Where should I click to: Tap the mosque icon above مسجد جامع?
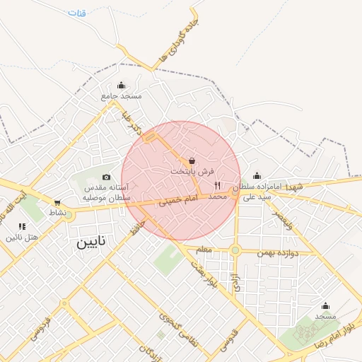[121, 85]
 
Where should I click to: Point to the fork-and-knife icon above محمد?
[217, 185]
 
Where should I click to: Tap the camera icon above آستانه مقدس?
[106, 177]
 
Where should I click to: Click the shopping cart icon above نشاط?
[57, 203]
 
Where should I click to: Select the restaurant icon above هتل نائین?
[23, 226]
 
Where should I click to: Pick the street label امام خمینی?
[175, 201]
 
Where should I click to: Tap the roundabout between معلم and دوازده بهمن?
[235, 250]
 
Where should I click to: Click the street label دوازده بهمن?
[286, 252]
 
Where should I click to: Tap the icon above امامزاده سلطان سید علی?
[256, 175]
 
